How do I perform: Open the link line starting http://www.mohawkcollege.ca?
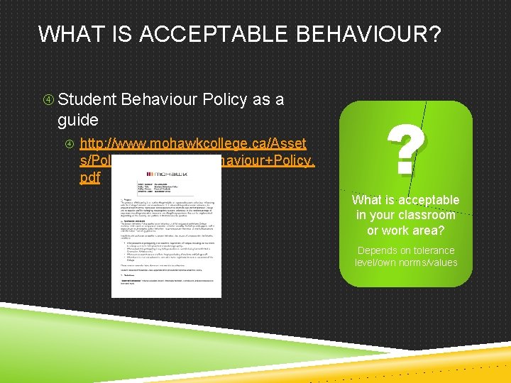point(193,144)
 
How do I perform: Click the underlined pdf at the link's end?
point(90,177)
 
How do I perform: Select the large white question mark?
point(406,151)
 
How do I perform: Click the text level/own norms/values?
point(406,262)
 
